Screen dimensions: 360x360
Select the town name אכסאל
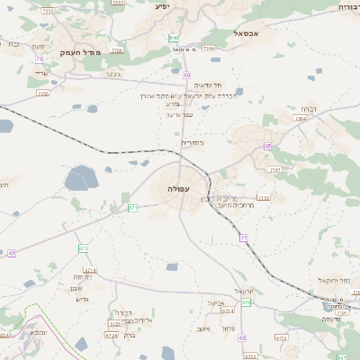pyautogui.click(x=246, y=33)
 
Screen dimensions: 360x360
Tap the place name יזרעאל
pyautogui.click(x=245, y=291)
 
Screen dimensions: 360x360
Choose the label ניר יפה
pyautogui.click(x=107, y=278)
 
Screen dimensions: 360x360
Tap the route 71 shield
pyautogui.click(x=243, y=238)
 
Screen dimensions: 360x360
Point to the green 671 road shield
pyautogui.click(x=132, y=208)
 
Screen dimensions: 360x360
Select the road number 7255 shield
pyautogui.click(x=42, y=93)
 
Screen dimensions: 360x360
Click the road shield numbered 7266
pyautogui.click(x=209, y=48)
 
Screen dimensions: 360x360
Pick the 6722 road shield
pyautogui.click(x=282, y=338)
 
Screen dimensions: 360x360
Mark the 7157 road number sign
pyautogui.click(x=275, y=168)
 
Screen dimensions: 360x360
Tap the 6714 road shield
pyautogui.click(x=89, y=269)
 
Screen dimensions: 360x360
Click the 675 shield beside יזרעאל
pyautogui.click(x=246, y=302)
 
